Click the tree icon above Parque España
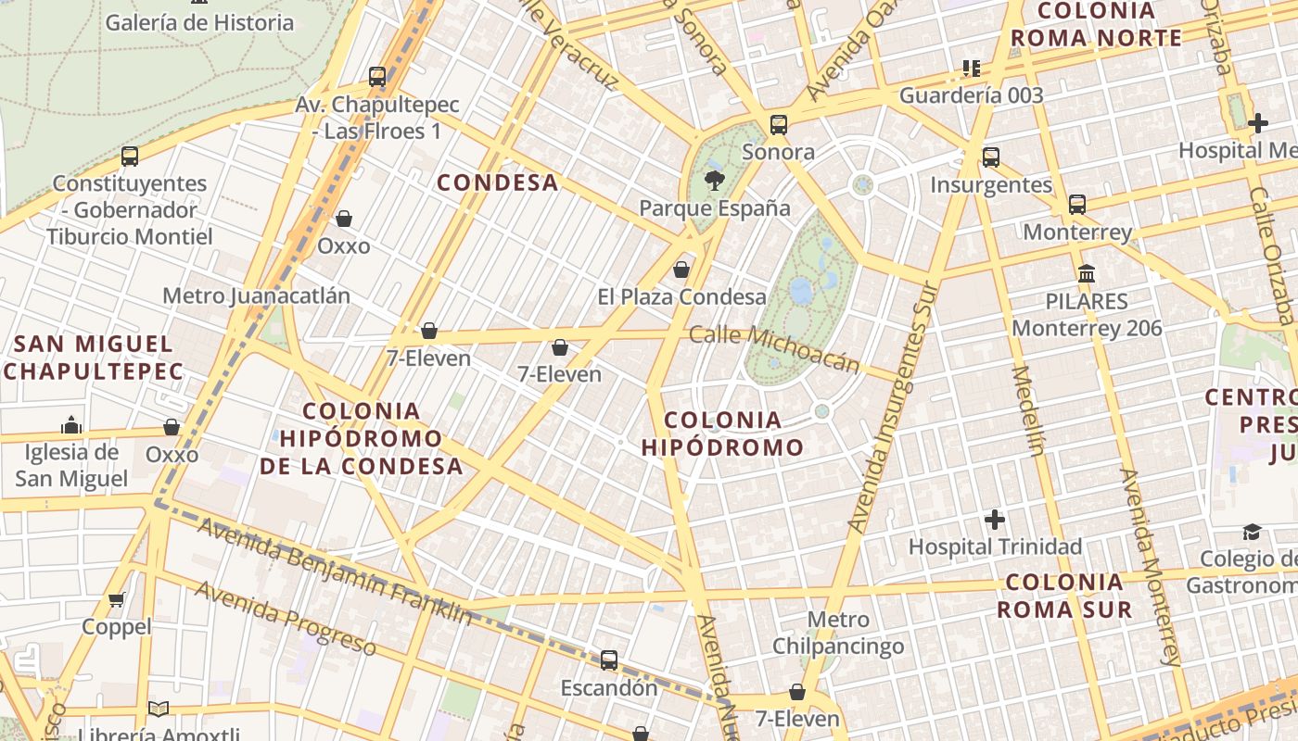point(714,180)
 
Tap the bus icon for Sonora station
point(779,124)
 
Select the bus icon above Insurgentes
point(991,157)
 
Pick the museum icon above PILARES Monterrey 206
point(1087,273)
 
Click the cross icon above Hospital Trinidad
point(995,519)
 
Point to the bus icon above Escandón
point(609,660)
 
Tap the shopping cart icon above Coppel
point(117,599)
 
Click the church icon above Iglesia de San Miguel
point(71,425)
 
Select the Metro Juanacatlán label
point(257,295)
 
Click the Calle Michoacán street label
point(775,348)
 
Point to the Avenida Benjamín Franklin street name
point(335,571)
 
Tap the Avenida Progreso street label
point(286,618)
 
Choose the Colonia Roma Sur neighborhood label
point(1064,596)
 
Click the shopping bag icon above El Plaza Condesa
point(681,270)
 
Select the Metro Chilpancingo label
point(838,633)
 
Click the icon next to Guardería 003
point(971,68)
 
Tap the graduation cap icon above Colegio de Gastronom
point(1253,532)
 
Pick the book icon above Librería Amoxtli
point(159,710)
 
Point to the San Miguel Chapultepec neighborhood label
point(94,358)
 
